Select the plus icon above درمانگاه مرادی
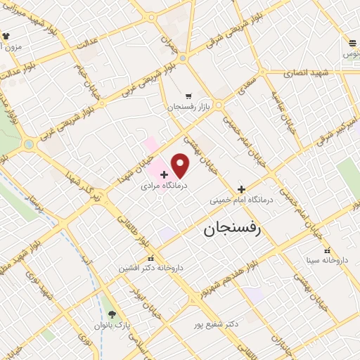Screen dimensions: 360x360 point(164,174)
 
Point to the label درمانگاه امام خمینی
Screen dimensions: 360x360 point(241,201)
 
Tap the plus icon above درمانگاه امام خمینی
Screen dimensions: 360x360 point(241,188)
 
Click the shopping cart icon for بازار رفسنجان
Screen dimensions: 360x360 point(188,96)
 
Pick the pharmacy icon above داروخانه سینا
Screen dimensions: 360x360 point(327,250)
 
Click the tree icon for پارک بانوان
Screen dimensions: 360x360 point(112,314)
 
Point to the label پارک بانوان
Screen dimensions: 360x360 point(112,327)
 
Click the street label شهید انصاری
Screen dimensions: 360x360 point(306,72)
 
